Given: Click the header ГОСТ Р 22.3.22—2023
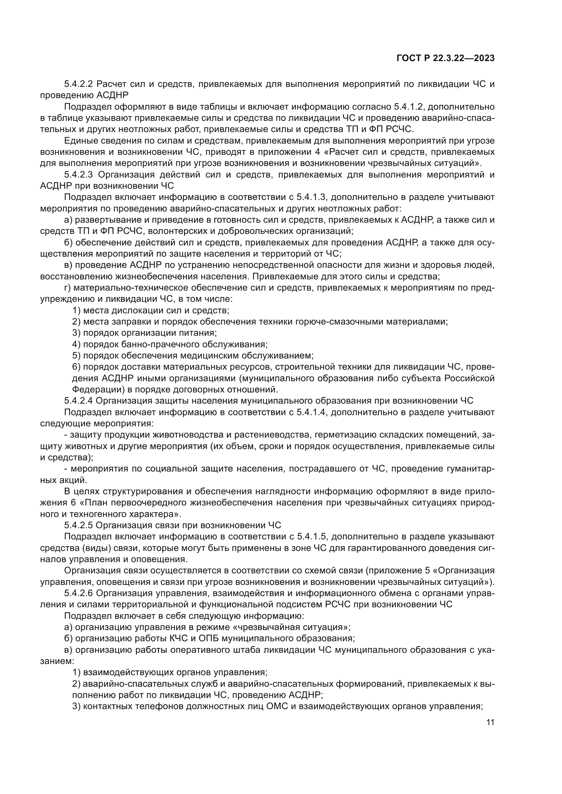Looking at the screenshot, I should point(445,58).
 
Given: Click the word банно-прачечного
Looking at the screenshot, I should point(161,345).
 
